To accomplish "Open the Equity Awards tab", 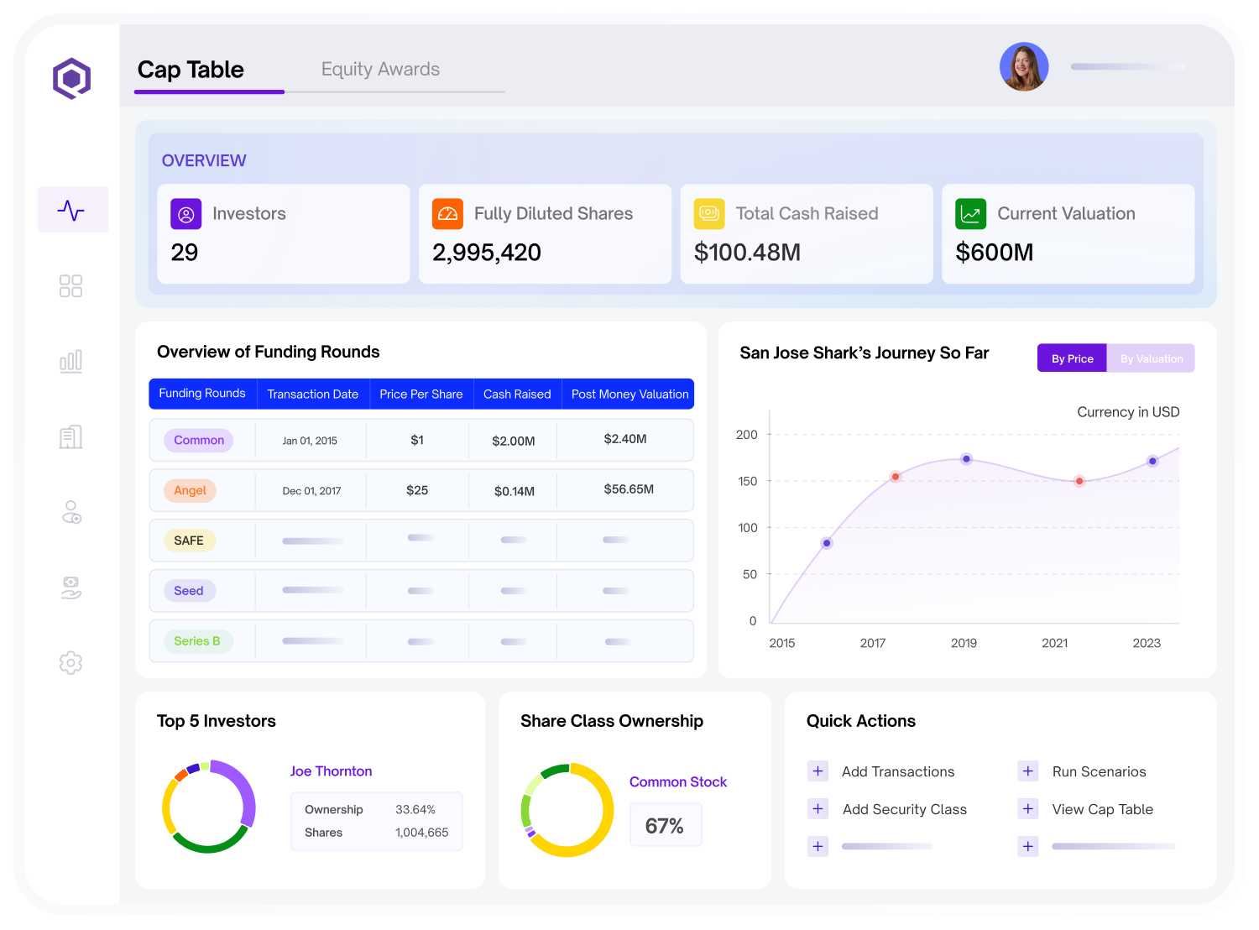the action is tap(379, 70).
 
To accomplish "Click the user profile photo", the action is tap(1023, 66).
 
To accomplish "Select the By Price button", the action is tap(1071, 358).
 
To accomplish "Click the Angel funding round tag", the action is tap(190, 490).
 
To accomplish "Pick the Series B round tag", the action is tap(196, 640).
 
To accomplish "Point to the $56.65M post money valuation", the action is tap(628, 489).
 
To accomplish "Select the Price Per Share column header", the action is tap(421, 394).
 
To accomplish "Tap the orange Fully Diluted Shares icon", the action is tap(447, 213).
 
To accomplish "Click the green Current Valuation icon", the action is tap(969, 213).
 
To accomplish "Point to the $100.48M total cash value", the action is tap(746, 252).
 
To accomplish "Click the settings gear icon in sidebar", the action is tap(71, 662).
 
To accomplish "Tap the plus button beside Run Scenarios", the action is tap(1027, 771).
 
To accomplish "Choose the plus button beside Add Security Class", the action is tap(817, 808).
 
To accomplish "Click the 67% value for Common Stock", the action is tap(664, 825).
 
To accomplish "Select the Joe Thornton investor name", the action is tap(331, 771).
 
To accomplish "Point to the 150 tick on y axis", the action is tap(746, 481).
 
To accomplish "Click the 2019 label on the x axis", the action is tap(963, 642).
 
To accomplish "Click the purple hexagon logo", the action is tap(71, 78).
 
